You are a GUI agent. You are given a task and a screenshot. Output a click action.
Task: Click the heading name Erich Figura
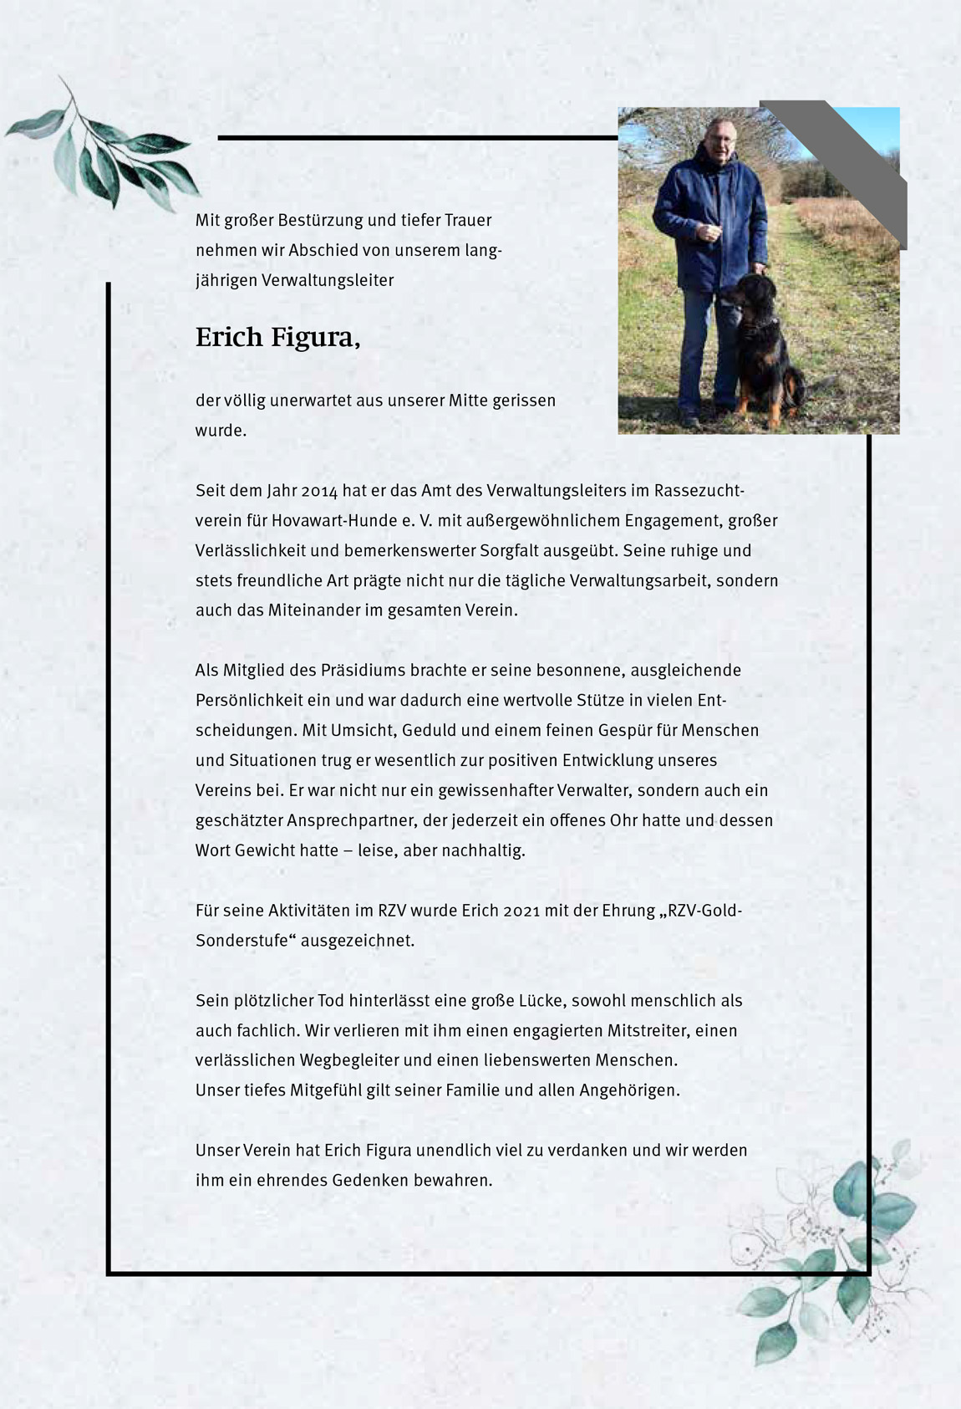(277, 337)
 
